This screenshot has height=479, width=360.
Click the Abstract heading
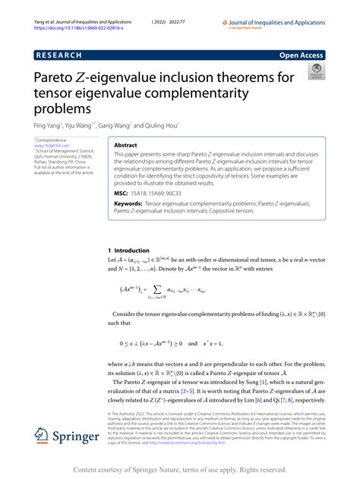[x=125, y=144]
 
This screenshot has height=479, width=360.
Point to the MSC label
[x=121, y=194]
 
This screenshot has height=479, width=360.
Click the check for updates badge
[x=315, y=72]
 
